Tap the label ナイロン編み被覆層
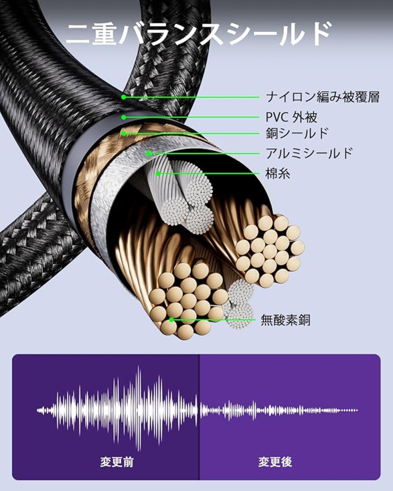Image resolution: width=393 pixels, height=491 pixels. coord(322,97)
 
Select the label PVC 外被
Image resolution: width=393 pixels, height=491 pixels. coord(291,117)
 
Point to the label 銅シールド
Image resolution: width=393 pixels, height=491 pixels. coord(297,133)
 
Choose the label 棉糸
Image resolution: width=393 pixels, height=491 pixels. coord(278,173)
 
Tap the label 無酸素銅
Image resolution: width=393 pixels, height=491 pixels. coord(286,320)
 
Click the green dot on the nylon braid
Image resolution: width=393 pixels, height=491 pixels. coord(123,97)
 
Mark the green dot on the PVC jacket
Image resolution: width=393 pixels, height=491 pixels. coord(123,117)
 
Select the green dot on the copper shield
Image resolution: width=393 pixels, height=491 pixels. coord(123,133)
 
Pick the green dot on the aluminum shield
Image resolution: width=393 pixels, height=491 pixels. coord(148,153)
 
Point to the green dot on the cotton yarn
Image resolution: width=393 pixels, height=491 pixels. coord(158,173)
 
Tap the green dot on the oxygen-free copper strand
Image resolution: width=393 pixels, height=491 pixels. coord(172,320)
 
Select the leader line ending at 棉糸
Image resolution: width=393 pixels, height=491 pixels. coord(209,173)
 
